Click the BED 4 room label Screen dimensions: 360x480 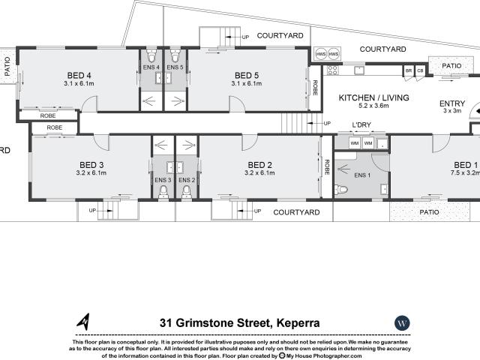(x=79, y=75)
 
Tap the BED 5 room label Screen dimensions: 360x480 (x=247, y=75)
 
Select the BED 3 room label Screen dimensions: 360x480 (x=91, y=165)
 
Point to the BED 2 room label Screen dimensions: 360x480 (x=259, y=165)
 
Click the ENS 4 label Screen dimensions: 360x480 (x=151, y=68)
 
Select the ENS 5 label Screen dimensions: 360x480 (x=175, y=68)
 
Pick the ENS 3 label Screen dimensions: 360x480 (x=163, y=180)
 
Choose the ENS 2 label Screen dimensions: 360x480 (x=187, y=180)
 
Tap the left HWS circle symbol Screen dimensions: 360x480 (x=320, y=55)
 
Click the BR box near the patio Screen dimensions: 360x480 (x=409, y=70)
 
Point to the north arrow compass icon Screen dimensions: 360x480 (x=85, y=322)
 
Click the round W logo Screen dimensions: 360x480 (x=403, y=322)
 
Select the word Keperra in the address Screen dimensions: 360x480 (x=295, y=322)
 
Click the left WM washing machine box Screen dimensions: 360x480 (x=354, y=142)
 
